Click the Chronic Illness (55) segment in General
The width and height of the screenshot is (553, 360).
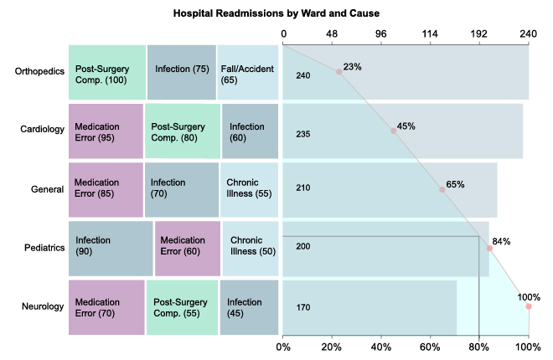coord(250,188)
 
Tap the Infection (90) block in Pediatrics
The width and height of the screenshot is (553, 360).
coord(110,248)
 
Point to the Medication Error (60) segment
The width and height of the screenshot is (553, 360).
coord(188,248)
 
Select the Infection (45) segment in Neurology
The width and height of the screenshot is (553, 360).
coord(249,306)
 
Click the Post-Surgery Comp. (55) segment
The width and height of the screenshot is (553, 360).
coord(182,306)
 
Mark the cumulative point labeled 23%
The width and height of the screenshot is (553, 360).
coord(339,72)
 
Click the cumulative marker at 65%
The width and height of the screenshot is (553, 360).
coord(442,189)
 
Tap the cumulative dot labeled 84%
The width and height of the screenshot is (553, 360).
coord(490,248)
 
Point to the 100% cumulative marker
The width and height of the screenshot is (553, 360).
coord(529,306)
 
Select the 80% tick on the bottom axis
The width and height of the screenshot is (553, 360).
coord(479,345)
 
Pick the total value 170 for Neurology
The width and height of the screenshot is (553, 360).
coord(303,308)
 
